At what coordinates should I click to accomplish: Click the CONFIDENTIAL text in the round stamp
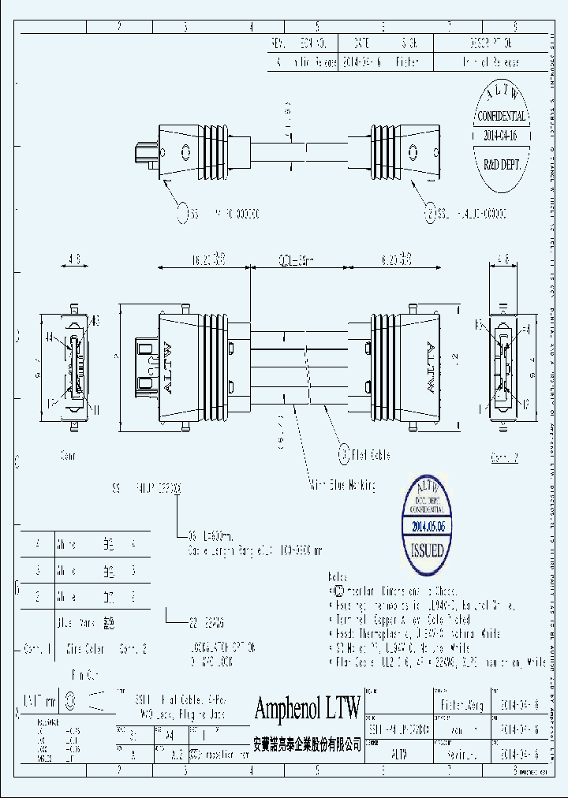tap(500, 116)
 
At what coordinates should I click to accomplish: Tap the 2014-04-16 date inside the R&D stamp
tap(500, 135)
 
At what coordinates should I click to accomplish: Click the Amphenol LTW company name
tap(307, 708)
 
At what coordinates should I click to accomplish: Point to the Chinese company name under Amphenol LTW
tap(307, 744)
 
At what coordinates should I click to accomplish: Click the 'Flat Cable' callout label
tap(370, 454)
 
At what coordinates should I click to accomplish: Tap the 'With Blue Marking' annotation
tap(341, 485)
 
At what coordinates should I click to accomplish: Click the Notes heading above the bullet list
tap(338, 577)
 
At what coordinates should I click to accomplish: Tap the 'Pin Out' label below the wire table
tap(83, 675)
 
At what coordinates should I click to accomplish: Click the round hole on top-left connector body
tap(185, 153)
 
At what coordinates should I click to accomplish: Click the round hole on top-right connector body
tap(412, 153)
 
